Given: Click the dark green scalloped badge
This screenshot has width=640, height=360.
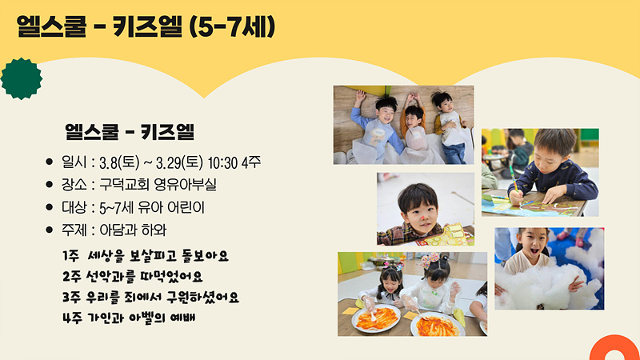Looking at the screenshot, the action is [22, 78].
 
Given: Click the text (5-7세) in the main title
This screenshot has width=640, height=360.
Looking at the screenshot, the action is [232, 27].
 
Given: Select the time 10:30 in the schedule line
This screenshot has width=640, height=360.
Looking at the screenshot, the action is [222, 163].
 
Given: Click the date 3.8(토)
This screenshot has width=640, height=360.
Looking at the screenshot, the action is [119, 162].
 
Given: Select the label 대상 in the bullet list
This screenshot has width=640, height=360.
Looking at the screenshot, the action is [74, 207].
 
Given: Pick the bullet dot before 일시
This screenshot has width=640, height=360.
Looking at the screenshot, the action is [50, 162].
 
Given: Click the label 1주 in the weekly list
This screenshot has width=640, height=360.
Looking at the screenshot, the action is [70, 256].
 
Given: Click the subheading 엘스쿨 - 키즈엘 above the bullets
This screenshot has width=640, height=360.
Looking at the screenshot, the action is [130, 131].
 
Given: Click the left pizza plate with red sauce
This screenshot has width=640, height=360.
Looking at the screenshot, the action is [376, 318].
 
